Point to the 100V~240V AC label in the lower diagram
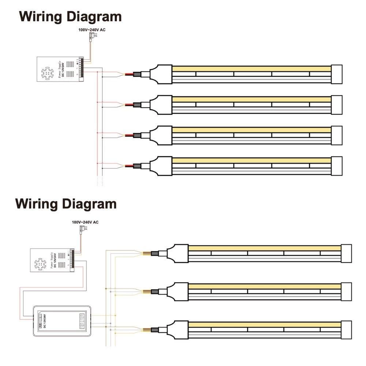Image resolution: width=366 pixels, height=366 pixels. pyautogui.click(x=85, y=222)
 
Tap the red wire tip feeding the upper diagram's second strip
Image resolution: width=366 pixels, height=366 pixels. pyautogui.click(x=128, y=105)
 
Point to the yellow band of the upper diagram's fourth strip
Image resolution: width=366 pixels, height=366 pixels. pyautogui.click(x=251, y=160)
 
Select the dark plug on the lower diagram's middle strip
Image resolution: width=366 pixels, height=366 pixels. pyautogui.click(x=154, y=291)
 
